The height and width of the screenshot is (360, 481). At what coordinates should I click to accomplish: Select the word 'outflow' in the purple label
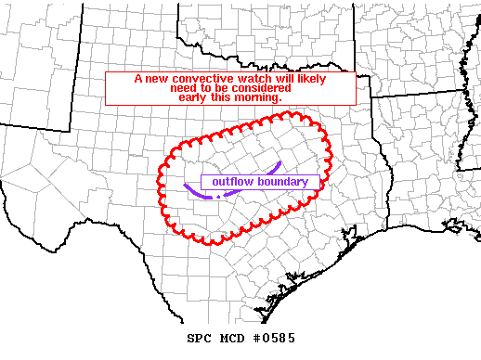click(232, 182)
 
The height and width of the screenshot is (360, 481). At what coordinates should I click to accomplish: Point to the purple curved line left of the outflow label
click(191, 191)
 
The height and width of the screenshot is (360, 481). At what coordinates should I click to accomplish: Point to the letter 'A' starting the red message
click(137, 80)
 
